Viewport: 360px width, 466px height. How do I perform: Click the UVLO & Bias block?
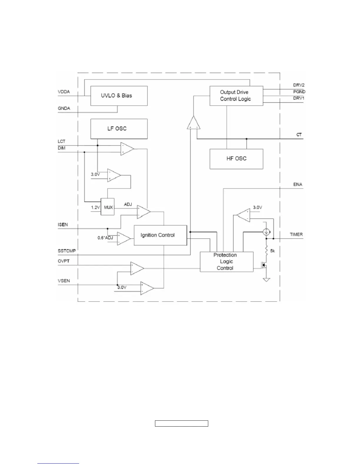coord(119,96)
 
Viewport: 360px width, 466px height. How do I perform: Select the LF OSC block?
coord(119,129)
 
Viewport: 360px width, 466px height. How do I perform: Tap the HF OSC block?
coord(236,159)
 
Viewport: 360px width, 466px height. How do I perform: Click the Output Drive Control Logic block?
coord(236,96)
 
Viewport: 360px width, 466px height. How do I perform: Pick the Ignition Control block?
coord(160,235)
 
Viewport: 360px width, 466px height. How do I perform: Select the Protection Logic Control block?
coord(226,262)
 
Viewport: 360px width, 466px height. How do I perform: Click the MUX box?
coord(108,207)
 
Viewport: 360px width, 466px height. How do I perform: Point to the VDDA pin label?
coord(64,92)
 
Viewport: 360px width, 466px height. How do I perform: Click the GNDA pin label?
coord(64,108)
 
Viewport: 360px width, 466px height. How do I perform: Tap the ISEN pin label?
coord(63,224)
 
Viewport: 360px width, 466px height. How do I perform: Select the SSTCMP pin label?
coord(66,251)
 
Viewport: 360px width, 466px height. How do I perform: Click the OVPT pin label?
coord(64,261)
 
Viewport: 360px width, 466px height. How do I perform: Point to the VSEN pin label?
coord(64,281)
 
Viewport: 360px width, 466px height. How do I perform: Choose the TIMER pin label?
coord(296,234)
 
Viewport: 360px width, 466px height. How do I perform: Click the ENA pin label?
coord(298,184)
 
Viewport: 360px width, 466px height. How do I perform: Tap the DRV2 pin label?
coord(299,85)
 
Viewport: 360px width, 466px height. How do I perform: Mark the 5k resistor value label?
coord(273,251)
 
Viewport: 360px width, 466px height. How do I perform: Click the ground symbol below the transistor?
coord(266,279)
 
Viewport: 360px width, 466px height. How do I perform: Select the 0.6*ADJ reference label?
coord(105,238)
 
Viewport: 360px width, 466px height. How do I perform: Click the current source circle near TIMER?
coord(266,232)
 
